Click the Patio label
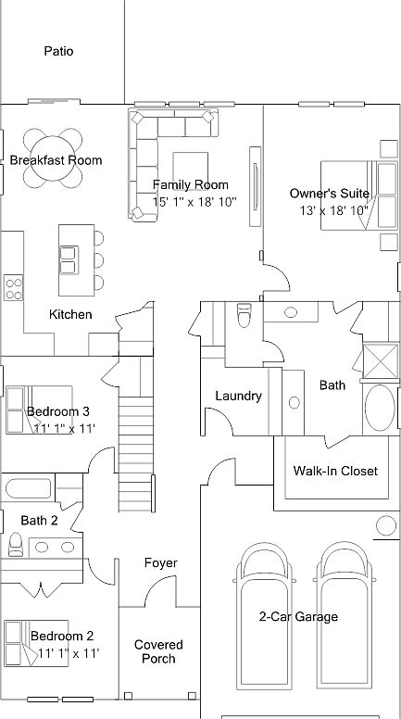[58, 51]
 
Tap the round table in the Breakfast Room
[52, 158]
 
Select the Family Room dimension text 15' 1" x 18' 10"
[194, 201]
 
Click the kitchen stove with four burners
[13, 288]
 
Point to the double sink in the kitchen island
[69, 260]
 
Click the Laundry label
[238, 396]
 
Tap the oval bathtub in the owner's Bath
[380, 408]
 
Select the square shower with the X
[381, 360]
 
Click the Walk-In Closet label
[335, 471]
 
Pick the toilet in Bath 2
[16, 544]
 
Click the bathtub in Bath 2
[29, 488]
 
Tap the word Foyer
[160, 562]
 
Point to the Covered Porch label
[158, 651]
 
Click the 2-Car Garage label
[298, 616]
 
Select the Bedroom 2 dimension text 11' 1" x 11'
[69, 652]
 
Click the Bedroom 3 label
[57, 410]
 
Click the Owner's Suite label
[329, 194]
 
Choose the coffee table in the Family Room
[190, 168]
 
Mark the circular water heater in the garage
[386, 525]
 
